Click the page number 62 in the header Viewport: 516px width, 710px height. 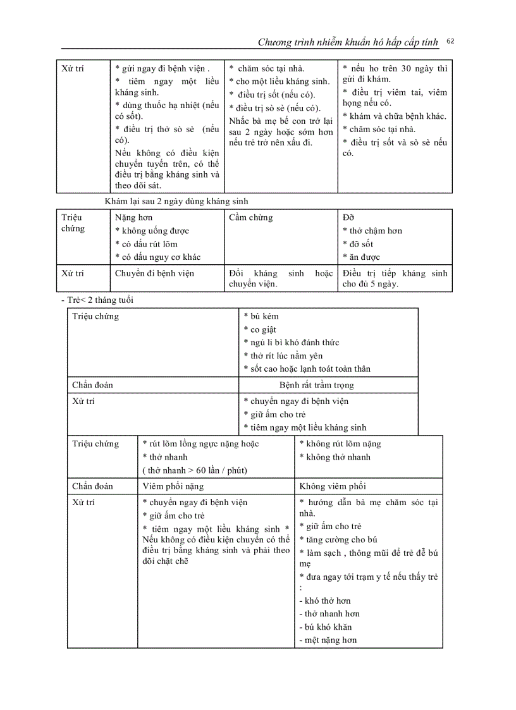click(x=450, y=41)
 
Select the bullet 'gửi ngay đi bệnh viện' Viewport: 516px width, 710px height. click(x=163, y=68)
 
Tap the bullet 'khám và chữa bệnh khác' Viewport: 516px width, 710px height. click(x=394, y=116)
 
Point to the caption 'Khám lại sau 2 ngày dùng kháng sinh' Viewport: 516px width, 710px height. click(x=176, y=201)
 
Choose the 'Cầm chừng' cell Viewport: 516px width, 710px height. click(x=251, y=217)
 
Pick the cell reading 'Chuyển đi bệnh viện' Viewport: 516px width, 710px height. click(x=155, y=273)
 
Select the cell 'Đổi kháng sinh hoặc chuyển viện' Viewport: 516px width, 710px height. click(x=280, y=278)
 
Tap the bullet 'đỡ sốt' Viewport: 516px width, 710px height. click(x=358, y=244)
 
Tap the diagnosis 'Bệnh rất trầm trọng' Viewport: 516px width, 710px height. click(x=316, y=385)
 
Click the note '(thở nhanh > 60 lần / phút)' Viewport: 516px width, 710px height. click(x=195, y=470)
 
